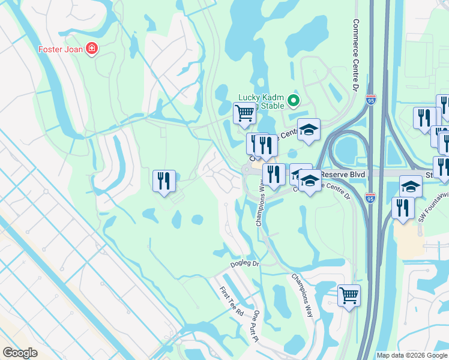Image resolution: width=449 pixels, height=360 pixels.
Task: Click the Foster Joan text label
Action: coord(59,49)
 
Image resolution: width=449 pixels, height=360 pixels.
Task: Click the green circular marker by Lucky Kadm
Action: coord(294,100)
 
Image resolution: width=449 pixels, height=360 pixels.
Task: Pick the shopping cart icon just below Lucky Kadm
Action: coord(244,112)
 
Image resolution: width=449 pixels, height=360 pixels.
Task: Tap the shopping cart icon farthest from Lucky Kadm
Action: coord(349,295)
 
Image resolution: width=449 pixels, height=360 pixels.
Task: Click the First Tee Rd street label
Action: coord(231,301)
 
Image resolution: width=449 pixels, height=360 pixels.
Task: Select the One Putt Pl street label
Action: coord(256,326)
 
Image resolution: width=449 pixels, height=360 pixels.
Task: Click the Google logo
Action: coord(20,352)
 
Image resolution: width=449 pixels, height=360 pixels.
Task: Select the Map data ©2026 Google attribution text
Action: coord(412,355)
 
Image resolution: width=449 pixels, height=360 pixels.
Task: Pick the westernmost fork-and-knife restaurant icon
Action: coord(164,181)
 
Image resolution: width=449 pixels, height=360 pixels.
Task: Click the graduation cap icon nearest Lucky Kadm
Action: coord(309,130)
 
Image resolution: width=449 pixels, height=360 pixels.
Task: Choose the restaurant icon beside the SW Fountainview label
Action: coord(403,207)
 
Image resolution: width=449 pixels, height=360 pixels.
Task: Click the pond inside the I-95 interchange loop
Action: coord(347,148)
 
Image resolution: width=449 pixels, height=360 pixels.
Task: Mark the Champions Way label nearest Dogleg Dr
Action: coord(303,295)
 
